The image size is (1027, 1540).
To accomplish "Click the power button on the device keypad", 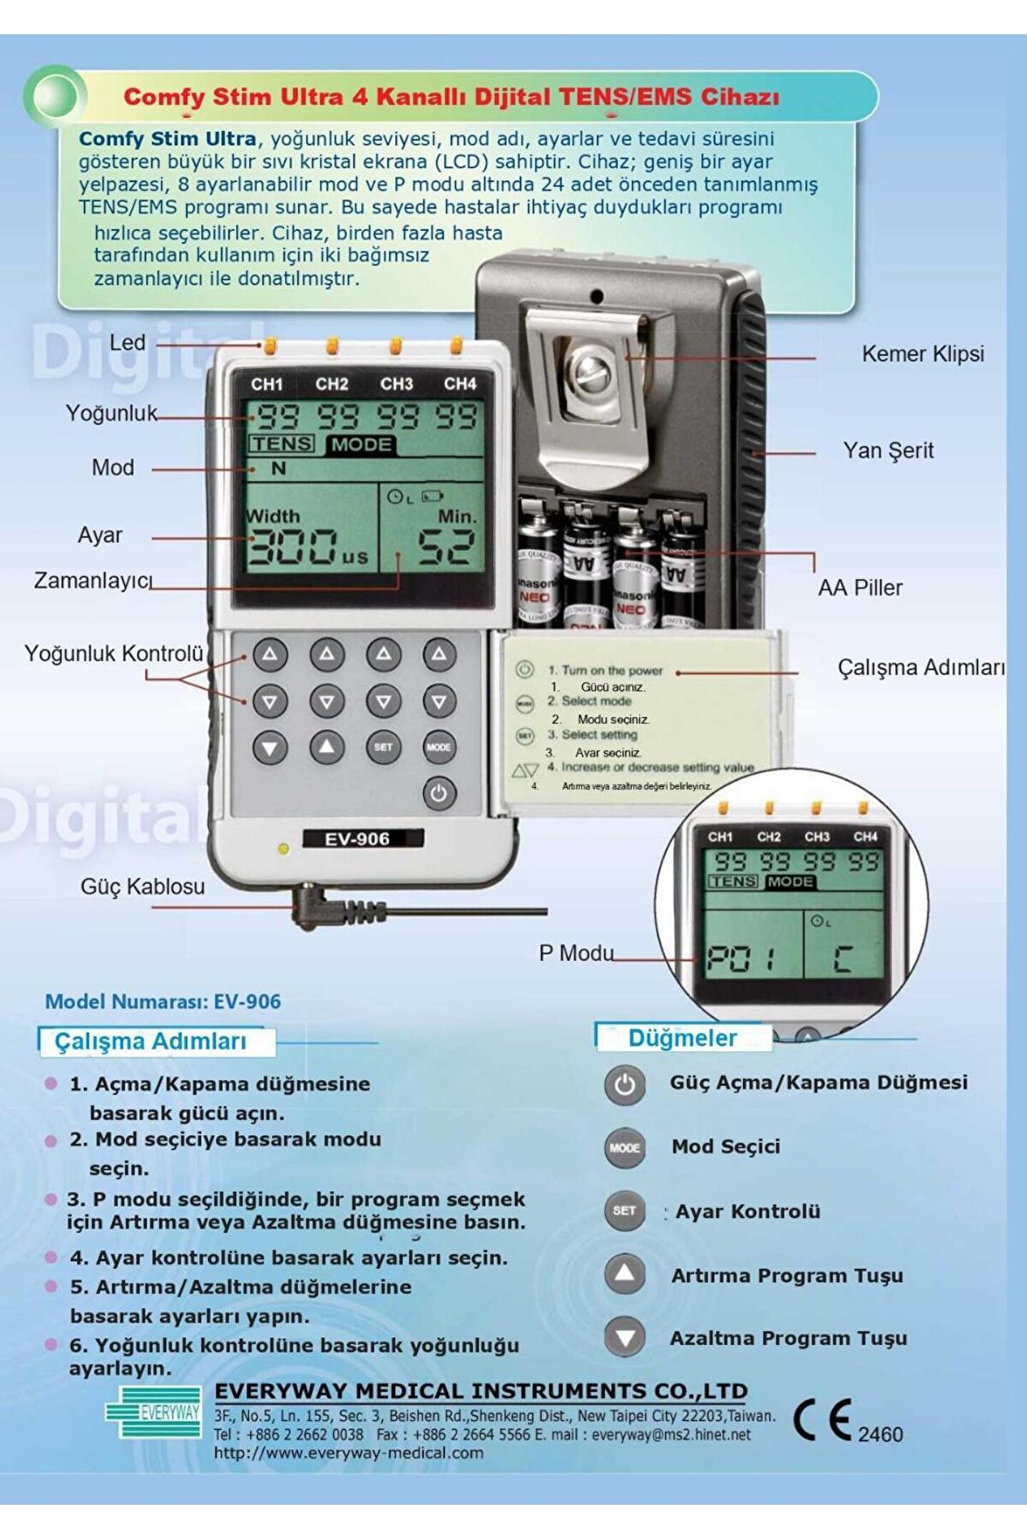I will click(x=439, y=793).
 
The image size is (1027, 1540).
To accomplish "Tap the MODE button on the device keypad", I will click(x=439, y=747).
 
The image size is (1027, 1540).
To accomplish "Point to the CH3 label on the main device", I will click(x=396, y=384).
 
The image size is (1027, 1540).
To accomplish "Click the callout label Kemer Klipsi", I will click(x=922, y=354).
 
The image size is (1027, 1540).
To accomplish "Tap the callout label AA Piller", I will click(x=859, y=588).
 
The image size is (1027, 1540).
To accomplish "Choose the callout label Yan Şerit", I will click(x=888, y=451).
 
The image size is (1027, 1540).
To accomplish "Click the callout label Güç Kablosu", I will click(x=143, y=886).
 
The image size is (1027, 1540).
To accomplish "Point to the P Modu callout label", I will click(x=576, y=953).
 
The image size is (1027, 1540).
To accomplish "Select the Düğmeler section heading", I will click(x=683, y=1038).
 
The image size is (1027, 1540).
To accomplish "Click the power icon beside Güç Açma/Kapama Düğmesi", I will click(x=625, y=1085).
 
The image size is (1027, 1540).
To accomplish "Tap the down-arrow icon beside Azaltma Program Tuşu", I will click(x=625, y=1338).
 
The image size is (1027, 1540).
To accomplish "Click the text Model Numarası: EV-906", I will click(x=163, y=1001).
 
